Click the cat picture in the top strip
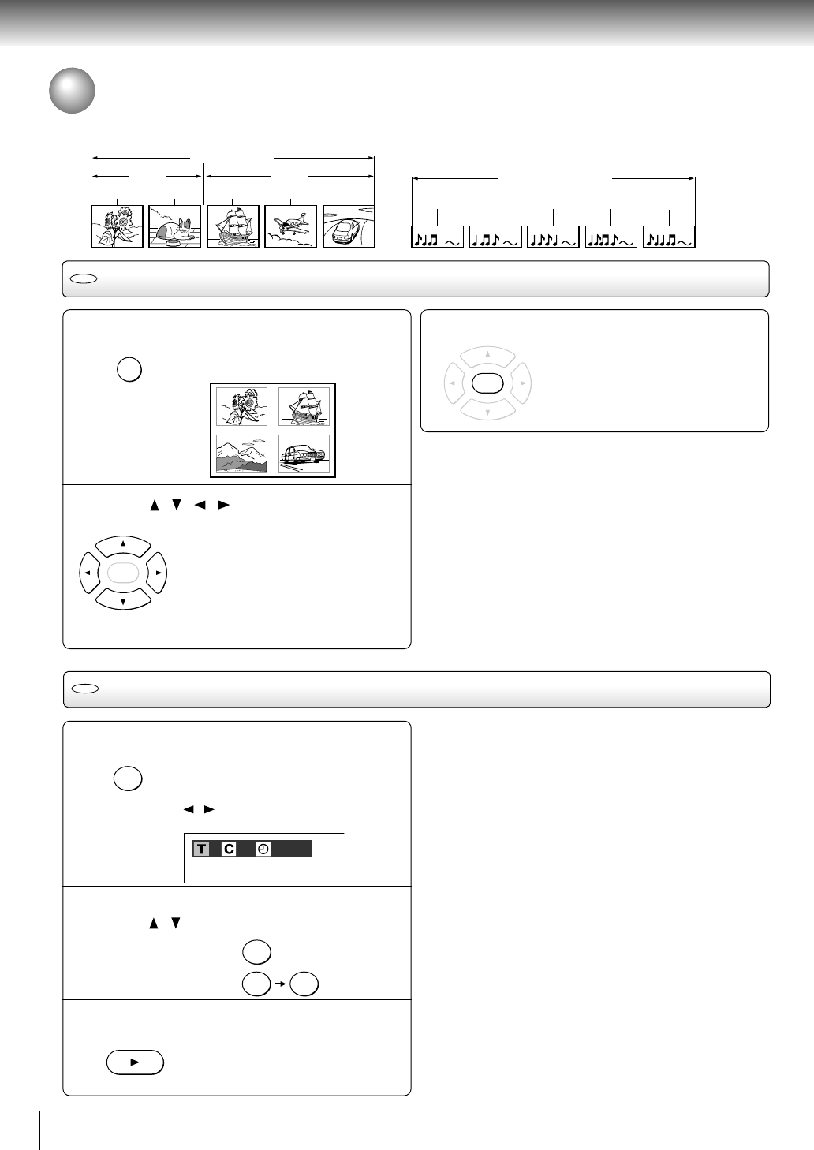pyautogui.click(x=174, y=226)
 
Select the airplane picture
pyautogui.click(x=290, y=226)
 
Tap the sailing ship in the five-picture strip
pyautogui.click(x=233, y=226)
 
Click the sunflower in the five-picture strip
pyautogui.click(x=117, y=226)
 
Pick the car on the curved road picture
pyautogui.click(x=349, y=226)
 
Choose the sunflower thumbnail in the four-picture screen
pyautogui.click(x=241, y=407)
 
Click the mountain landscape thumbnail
pyautogui.click(x=241, y=454)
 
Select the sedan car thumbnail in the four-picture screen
pyautogui.click(x=304, y=454)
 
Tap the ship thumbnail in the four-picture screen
pyautogui.click(x=304, y=407)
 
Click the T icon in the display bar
pyautogui.click(x=201, y=849)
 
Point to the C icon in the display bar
pyautogui.click(x=229, y=849)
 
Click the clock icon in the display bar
pyautogui.click(x=263, y=849)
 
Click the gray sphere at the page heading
pyautogui.click(x=72, y=91)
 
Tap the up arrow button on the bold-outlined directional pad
pyautogui.click(x=123, y=546)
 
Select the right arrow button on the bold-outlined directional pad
pyautogui.click(x=157, y=573)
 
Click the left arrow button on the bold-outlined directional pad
pyautogui.click(x=89, y=573)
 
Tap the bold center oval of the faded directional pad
pyautogui.click(x=487, y=383)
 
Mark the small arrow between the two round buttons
pyautogui.click(x=280, y=984)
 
